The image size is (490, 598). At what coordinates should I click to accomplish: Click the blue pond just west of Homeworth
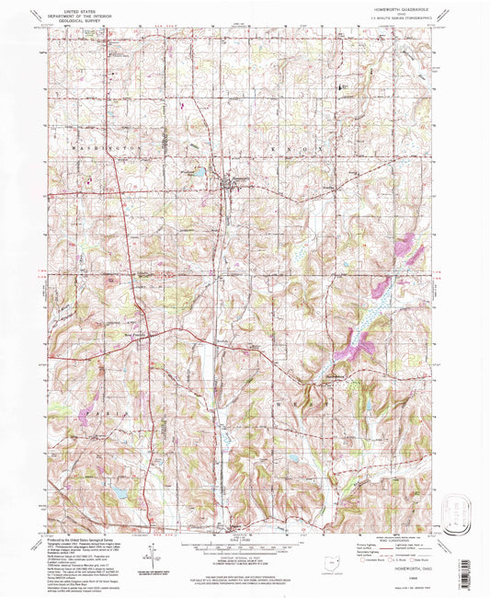pyautogui.click(x=198, y=169)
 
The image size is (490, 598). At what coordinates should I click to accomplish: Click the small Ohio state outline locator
pyautogui.click(x=331, y=559)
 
